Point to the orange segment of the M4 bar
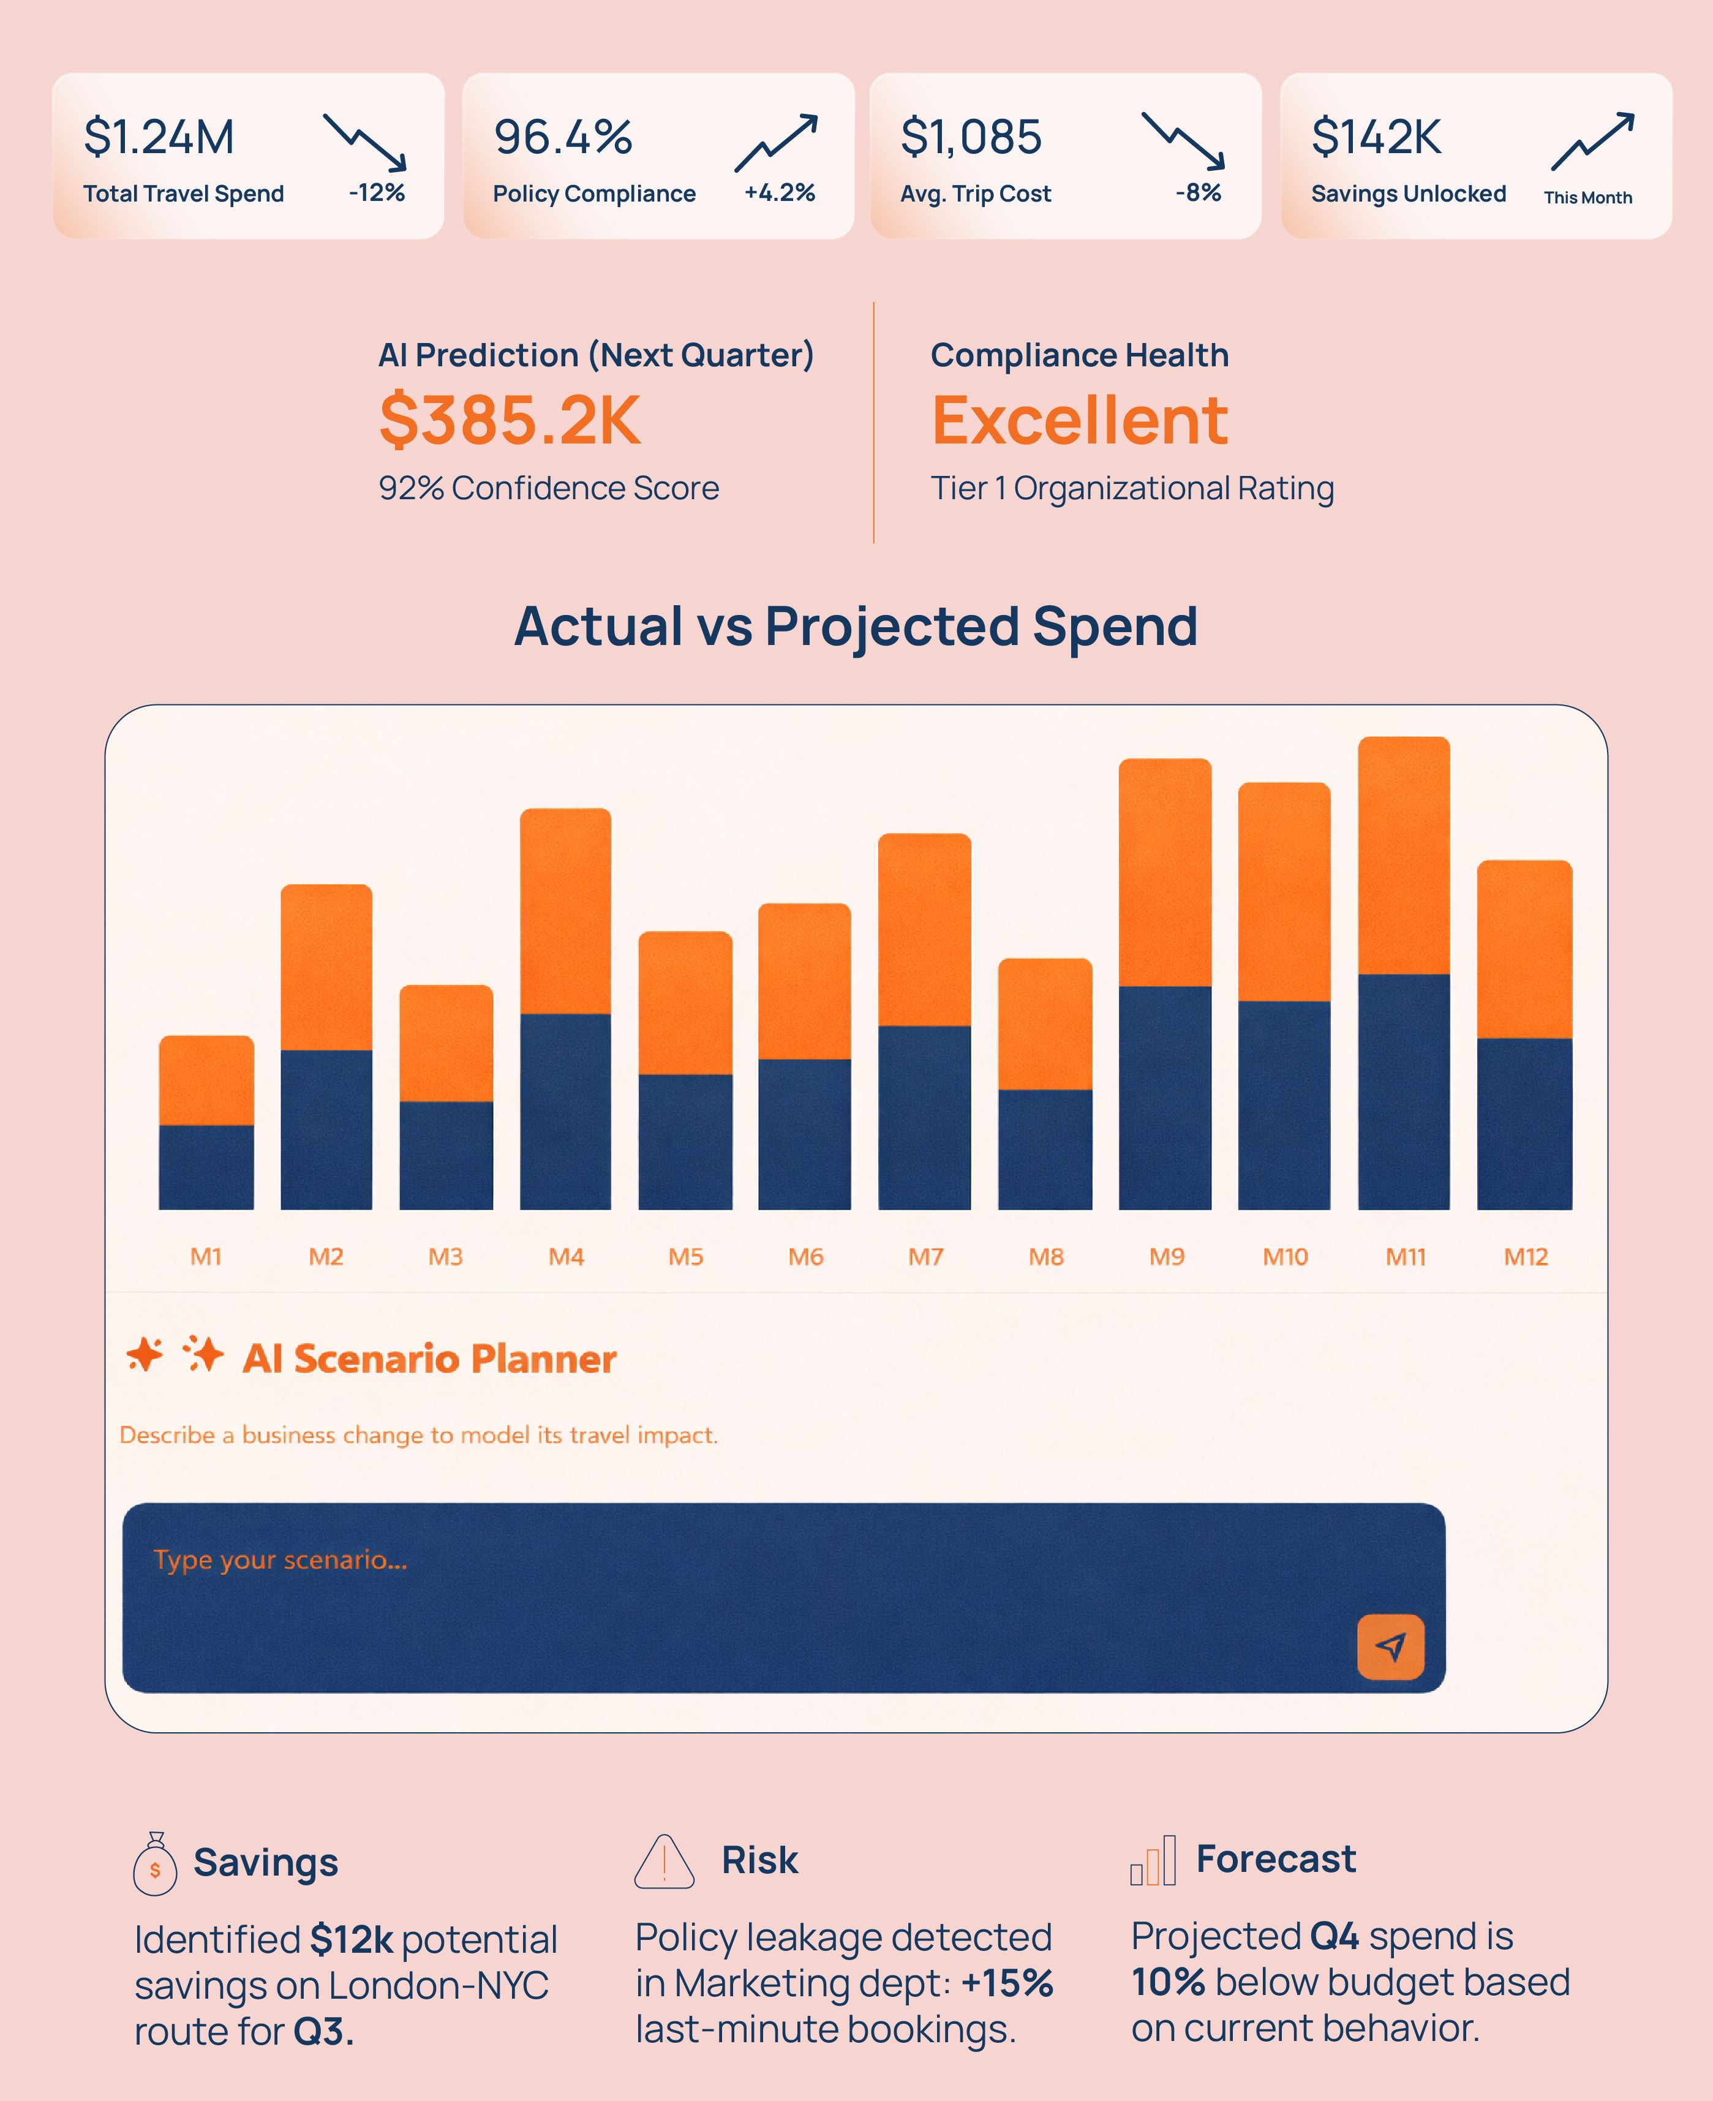coord(565,911)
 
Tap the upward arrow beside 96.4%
coord(777,142)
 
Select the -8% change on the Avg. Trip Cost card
coord(1198,192)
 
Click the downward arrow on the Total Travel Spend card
coord(365,142)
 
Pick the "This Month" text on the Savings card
coord(1587,197)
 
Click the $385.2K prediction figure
coord(510,420)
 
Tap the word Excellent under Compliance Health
coord(1080,420)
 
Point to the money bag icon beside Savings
coord(155,1864)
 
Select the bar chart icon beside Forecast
coord(1153,1861)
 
